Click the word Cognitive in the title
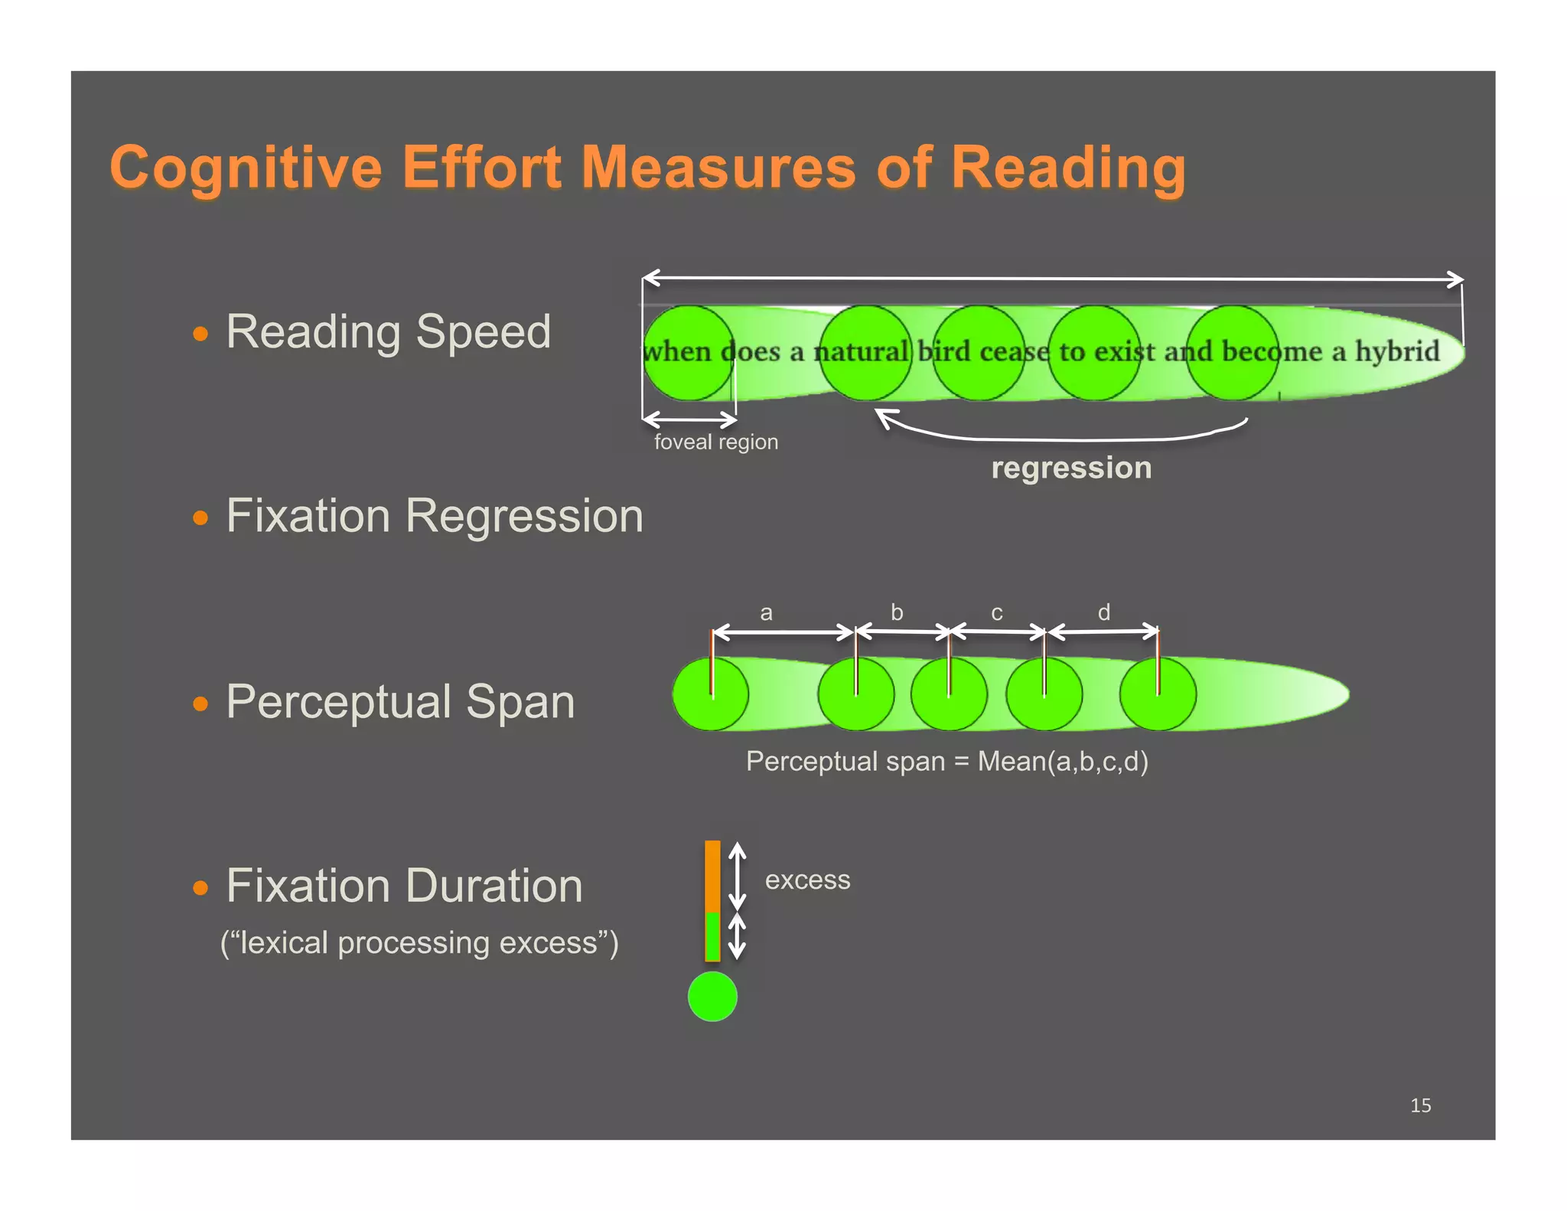coord(245,168)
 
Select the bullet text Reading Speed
coord(388,332)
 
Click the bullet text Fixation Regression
coord(434,516)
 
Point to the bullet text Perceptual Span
coord(399,702)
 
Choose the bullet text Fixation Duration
coord(404,886)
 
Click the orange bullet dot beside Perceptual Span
coord(200,703)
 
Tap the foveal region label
coord(715,442)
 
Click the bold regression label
coord(1071,468)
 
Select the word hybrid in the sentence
coord(1397,351)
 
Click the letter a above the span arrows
coord(766,613)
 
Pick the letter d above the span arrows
coord(1103,612)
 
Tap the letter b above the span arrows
coord(897,612)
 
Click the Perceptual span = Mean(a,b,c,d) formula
coord(946,762)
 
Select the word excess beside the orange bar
coord(807,880)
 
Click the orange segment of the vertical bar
coord(712,876)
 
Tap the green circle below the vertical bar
coord(712,997)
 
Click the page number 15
coord(1420,1105)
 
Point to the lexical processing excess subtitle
coord(419,943)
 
